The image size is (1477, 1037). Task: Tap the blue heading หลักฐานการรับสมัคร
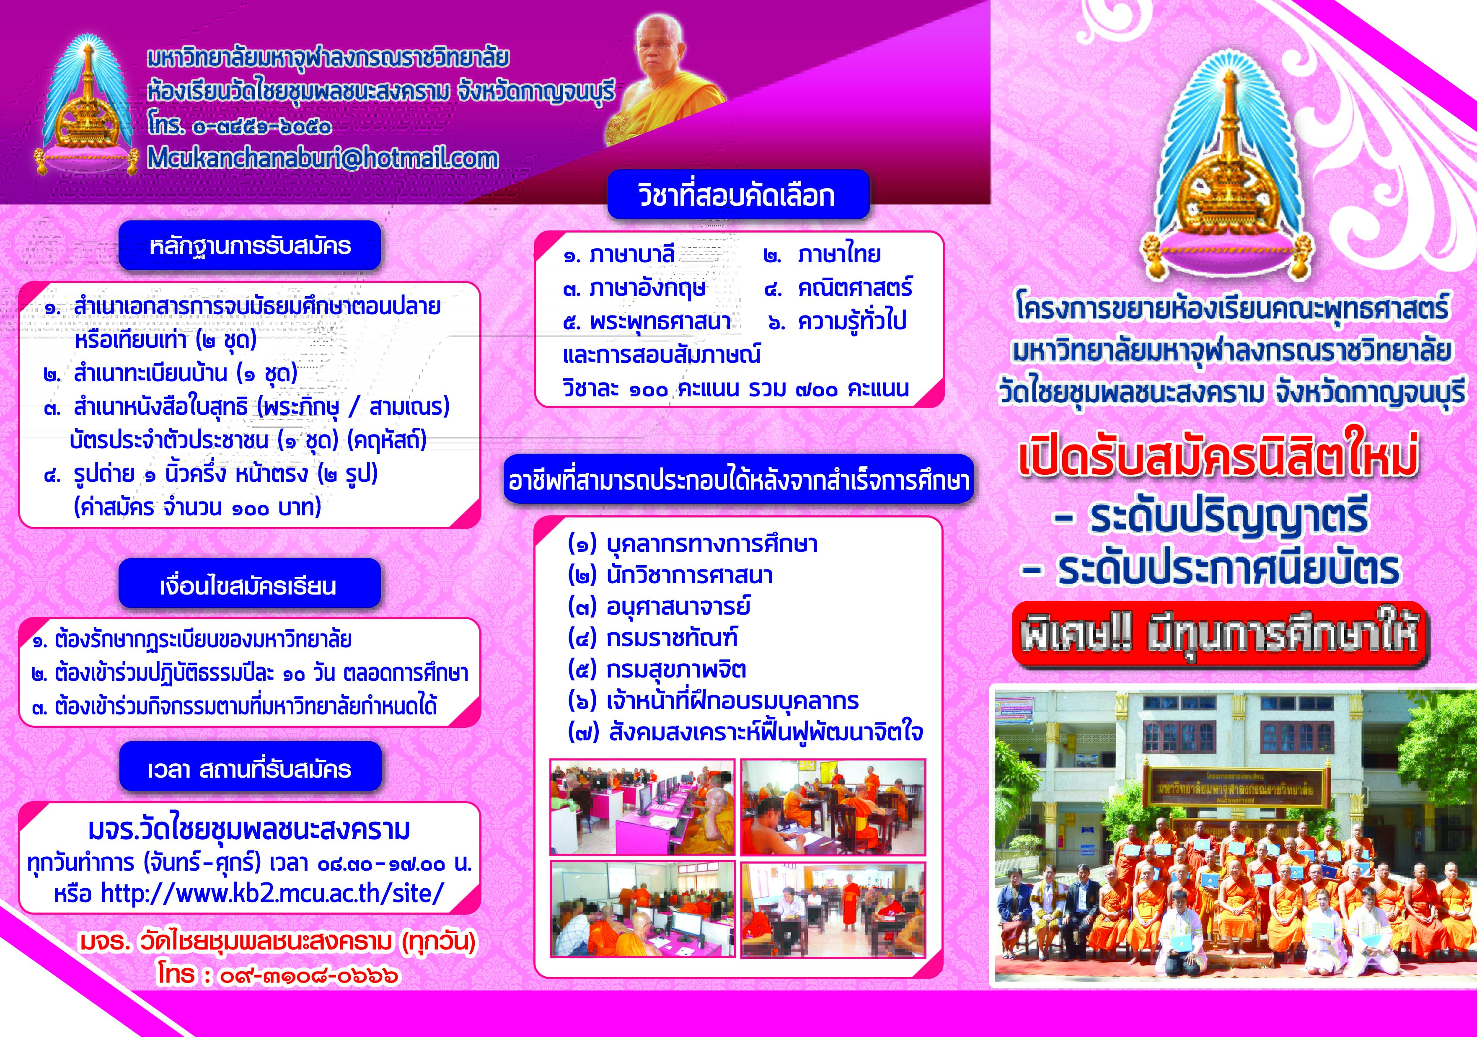tap(250, 246)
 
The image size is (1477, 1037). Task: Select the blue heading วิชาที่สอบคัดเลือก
tap(738, 195)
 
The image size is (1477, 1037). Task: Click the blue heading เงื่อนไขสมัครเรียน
tap(250, 584)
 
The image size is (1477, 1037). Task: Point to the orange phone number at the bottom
tap(278, 975)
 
